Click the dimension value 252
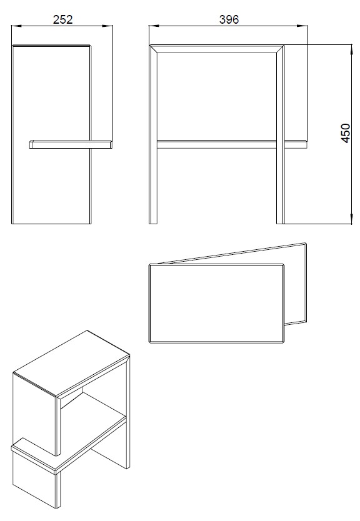pos(62,19)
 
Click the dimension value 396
pos(229,19)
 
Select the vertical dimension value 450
pos(346,133)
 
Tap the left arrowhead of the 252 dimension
pos(17,26)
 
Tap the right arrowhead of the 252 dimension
pos(107,26)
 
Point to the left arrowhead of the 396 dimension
pos(154,26)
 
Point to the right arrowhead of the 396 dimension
pos(302,26)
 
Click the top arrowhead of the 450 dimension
pos(351,49)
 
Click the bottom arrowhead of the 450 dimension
pos(351,219)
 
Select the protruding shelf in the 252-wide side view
pos(71,144)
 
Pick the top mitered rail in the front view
pos(217,49)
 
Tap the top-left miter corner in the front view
pos(150,46)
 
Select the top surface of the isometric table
pos(71,363)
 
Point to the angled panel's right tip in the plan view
pos(306,244)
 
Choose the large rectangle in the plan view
pos(217,304)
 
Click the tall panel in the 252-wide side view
pos(51,134)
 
